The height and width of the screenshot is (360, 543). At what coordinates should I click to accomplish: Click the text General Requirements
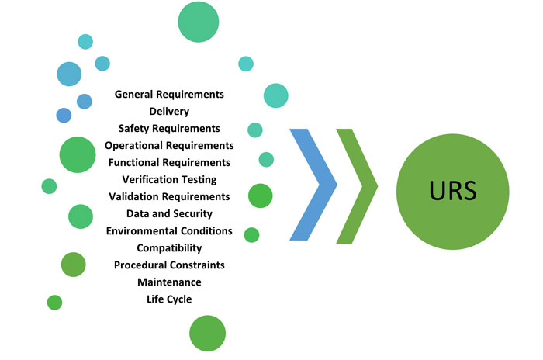(169, 94)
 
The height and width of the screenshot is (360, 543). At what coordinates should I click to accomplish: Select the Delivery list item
(169, 111)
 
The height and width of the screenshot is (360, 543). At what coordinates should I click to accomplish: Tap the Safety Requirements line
(169, 128)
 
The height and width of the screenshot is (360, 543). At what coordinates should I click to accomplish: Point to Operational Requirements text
(169, 145)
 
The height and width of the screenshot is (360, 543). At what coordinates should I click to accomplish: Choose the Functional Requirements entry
(169, 162)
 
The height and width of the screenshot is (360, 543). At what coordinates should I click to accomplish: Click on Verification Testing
(169, 179)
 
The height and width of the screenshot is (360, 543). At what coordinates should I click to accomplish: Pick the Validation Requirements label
(169, 196)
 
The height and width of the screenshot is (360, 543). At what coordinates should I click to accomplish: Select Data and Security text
(169, 213)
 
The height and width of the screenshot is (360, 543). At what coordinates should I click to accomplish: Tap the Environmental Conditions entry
(169, 230)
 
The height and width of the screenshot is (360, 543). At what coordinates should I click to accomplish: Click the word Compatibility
(169, 247)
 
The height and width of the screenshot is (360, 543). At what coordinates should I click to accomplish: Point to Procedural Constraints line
(169, 265)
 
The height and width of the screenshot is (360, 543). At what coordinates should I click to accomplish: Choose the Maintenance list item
(169, 282)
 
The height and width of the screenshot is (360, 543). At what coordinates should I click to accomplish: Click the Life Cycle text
(169, 299)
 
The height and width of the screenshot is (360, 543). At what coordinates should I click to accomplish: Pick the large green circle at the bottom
(207, 333)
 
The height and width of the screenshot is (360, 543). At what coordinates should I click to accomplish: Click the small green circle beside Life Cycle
(54, 302)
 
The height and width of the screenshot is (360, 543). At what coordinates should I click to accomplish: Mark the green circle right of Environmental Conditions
(251, 234)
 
